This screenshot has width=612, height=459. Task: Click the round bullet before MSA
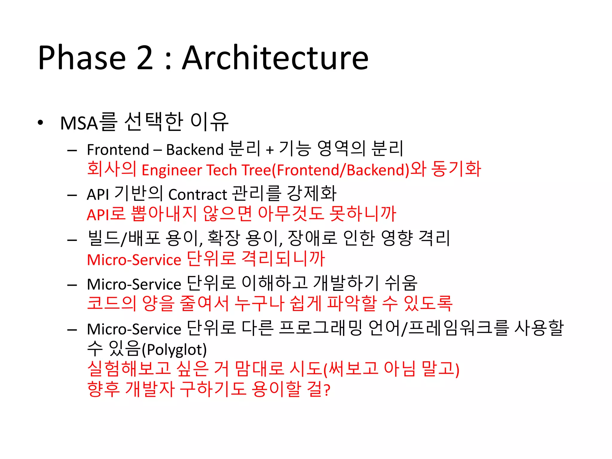click(x=41, y=123)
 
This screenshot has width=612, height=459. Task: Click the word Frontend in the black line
click(x=118, y=149)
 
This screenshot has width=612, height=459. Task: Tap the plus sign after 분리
click(x=270, y=149)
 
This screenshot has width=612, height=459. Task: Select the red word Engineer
click(x=172, y=170)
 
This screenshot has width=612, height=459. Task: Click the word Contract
click(x=198, y=195)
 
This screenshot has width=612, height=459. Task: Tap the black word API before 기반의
click(x=98, y=195)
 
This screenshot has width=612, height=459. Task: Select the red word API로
click(x=106, y=214)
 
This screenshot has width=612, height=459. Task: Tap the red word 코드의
click(x=111, y=303)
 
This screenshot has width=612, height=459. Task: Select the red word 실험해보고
click(x=129, y=369)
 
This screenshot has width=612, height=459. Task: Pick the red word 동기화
click(x=456, y=169)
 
